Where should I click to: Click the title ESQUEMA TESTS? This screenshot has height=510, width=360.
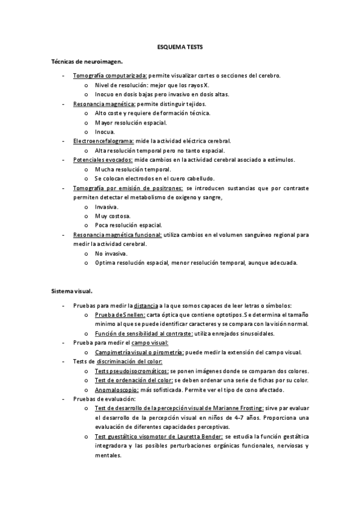[180, 46]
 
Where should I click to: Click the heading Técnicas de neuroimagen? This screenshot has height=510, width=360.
[87, 61]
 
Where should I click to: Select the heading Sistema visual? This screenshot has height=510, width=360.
[72, 291]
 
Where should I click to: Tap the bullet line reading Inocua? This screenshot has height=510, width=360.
[105, 132]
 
